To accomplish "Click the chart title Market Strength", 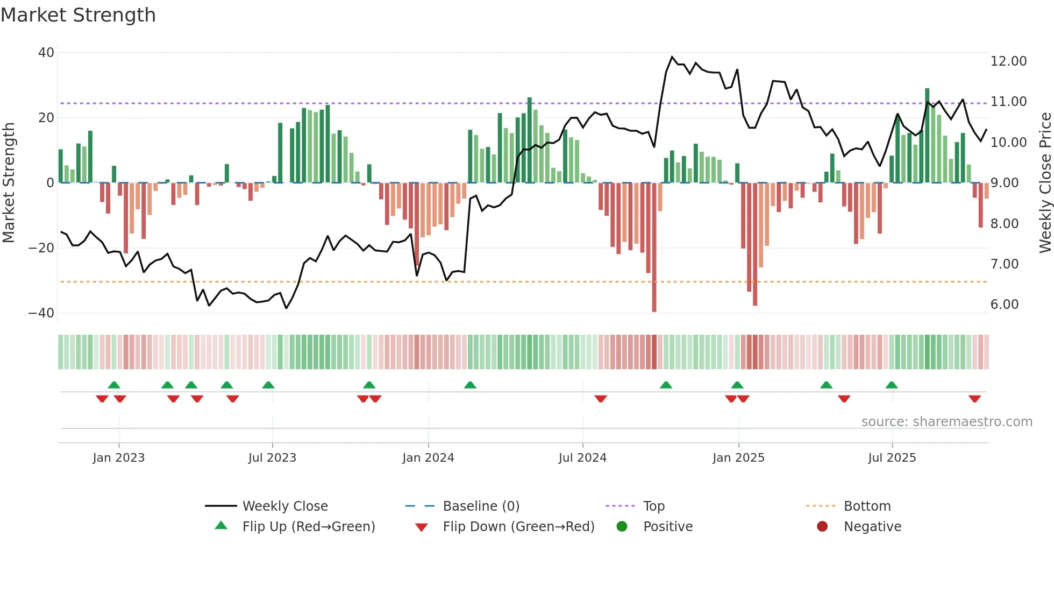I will tap(78, 15).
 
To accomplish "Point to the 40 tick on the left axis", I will tap(46, 53).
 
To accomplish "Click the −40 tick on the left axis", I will tap(41, 313).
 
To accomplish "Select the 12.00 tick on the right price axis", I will tap(1008, 61).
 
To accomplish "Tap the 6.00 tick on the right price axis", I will tap(1004, 305).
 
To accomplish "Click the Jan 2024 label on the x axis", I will tap(428, 458).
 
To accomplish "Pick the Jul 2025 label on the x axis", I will tap(892, 458).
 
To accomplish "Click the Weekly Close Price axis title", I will tap(1045, 183).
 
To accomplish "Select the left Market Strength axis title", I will tap(9, 183).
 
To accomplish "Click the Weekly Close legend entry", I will tap(284, 506).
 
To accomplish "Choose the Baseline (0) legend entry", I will tap(481, 506).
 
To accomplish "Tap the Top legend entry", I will tap(653, 506).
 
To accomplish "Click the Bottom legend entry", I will tap(867, 506).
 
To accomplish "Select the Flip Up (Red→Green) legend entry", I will tap(308, 527).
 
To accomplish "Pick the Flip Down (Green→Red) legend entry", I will tap(518, 527).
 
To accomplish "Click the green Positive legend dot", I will tap(622, 527).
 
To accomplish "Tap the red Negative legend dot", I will tap(822, 527).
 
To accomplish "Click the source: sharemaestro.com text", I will tap(946, 422).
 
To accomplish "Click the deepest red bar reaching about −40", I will tap(654, 248).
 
